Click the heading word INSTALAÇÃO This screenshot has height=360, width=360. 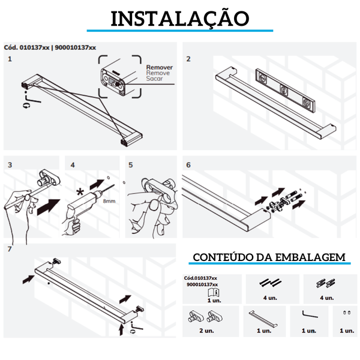point(180,18)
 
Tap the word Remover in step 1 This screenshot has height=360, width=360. point(160,67)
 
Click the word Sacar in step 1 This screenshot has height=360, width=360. point(154,78)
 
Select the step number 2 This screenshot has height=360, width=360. point(188,59)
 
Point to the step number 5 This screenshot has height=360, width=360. point(130,165)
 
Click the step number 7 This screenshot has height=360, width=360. point(10,249)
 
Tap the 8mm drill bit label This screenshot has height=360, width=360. point(109,201)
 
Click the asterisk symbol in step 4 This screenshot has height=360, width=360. point(80,192)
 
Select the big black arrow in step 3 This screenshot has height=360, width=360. point(48,207)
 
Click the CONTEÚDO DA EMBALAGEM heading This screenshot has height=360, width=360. point(269,257)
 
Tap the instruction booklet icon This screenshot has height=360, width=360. point(214,293)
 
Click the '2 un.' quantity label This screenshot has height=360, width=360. point(206,331)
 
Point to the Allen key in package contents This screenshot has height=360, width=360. point(309,314)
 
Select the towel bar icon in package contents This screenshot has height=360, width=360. point(263,319)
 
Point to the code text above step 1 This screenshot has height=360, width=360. point(50,47)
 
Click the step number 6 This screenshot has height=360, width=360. point(188,165)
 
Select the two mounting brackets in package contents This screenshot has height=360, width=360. point(205,317)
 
